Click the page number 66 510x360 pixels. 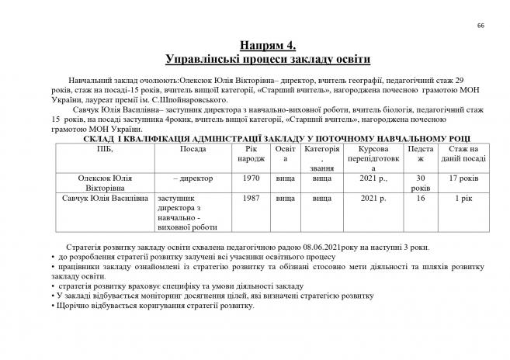pos(481,26)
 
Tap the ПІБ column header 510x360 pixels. pos(104,148)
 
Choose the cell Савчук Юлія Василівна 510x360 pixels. pos(104,199)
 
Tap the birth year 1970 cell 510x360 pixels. pos(249,178)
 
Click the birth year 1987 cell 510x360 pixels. pos(249,199)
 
